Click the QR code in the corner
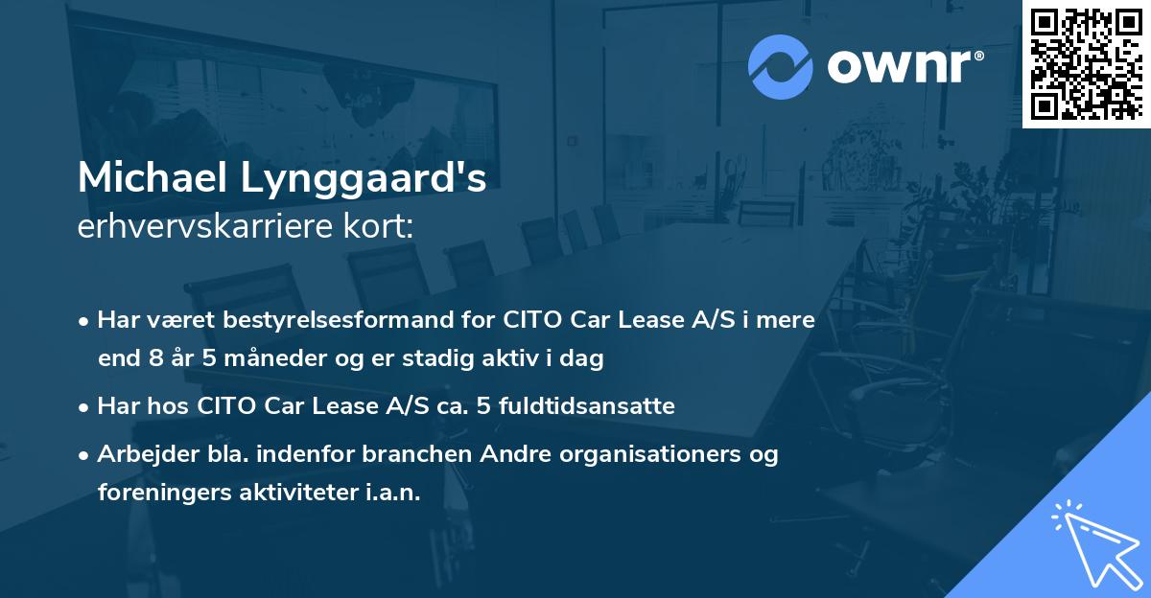click(x=1086, y=63)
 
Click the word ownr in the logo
click(x=903, y=67)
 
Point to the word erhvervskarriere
click(x=203, y=226)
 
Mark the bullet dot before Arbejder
click(x=85, y=455)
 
